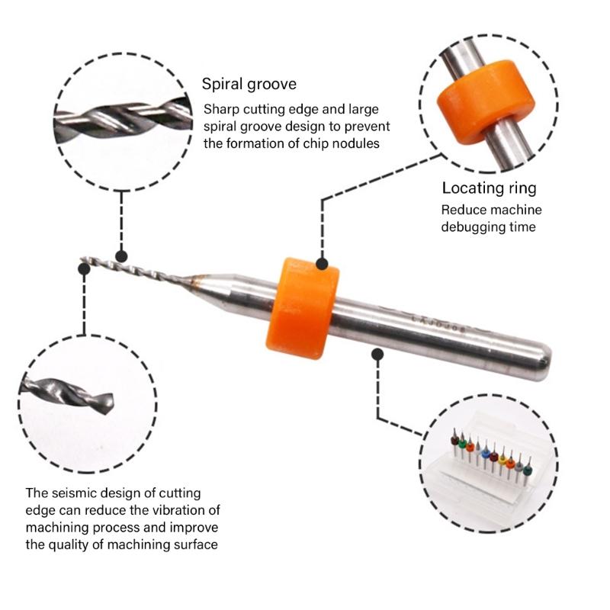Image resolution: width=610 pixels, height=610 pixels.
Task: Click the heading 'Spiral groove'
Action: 249,84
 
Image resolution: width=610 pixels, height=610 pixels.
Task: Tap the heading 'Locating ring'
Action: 490,188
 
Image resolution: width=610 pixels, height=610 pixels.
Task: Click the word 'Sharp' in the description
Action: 220,109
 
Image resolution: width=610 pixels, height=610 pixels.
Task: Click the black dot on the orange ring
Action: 323,265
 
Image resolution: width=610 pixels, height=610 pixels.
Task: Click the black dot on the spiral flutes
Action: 120,257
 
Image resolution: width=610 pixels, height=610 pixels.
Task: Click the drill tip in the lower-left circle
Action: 107,399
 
